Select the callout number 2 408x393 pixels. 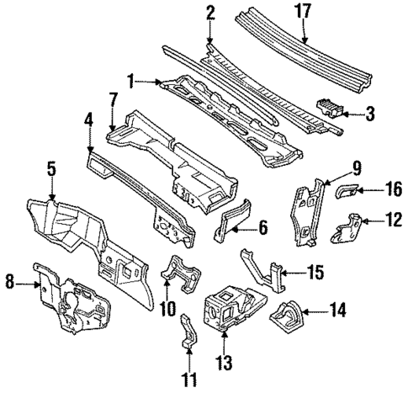click(210, 12)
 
